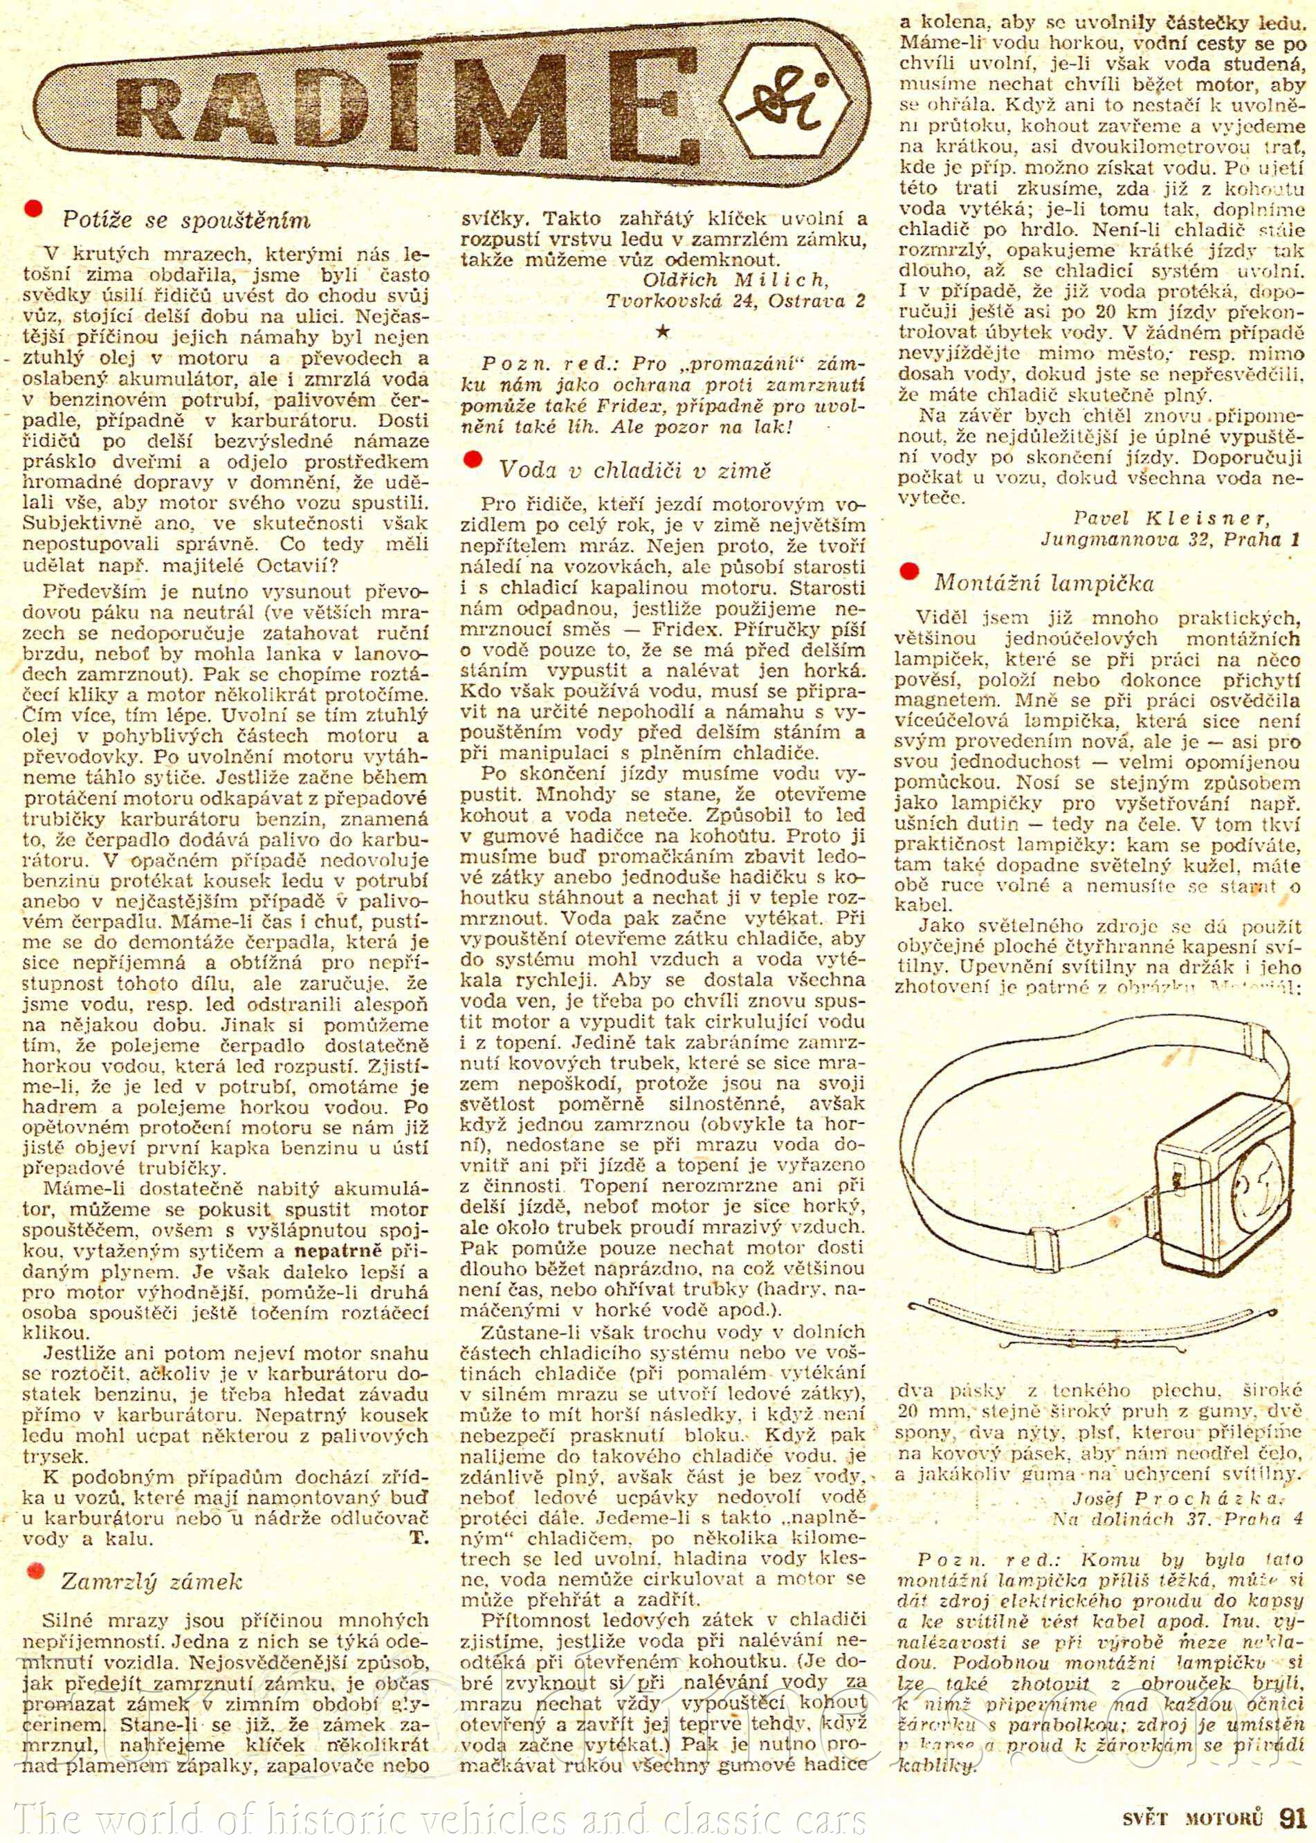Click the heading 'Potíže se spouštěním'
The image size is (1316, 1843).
click(x=185, y=221)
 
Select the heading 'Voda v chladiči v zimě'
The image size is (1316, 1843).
click(x=634, y=470)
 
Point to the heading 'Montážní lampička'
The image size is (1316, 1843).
click(x=1043, y=583)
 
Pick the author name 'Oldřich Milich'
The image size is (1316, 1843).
click(x=734, y=280)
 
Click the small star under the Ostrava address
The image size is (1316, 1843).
click(x=663, y=333)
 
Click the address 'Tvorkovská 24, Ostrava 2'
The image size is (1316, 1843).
click(x=735, y=302)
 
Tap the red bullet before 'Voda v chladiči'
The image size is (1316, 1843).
click(x=472, y=459)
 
